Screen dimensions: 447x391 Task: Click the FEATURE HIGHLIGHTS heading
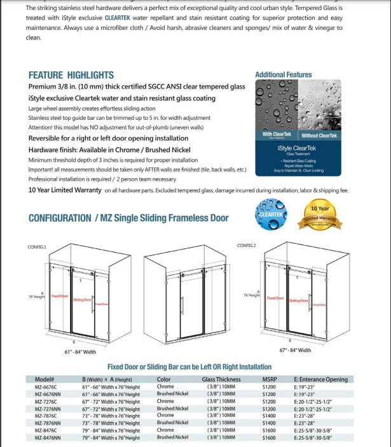(x=71, y=75)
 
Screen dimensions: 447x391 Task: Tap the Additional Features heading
(x=283, y=74)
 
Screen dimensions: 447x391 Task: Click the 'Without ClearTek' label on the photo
(x=319, y=135)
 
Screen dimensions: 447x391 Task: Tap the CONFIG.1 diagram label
(x=37, y=246)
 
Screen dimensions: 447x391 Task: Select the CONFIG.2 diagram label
(x=246, y=245)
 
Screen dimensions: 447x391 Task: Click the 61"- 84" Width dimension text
(x=80, y=351)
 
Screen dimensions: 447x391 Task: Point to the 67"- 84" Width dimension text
(x=295, y=350)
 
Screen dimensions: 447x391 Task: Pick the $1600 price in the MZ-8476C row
(x=269, y=430)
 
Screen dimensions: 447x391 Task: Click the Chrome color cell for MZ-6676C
(x=165, y=387)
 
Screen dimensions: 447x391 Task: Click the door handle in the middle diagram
(x=182, y=305)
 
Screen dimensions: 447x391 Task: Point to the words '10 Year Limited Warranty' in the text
(x=65, y=190)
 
